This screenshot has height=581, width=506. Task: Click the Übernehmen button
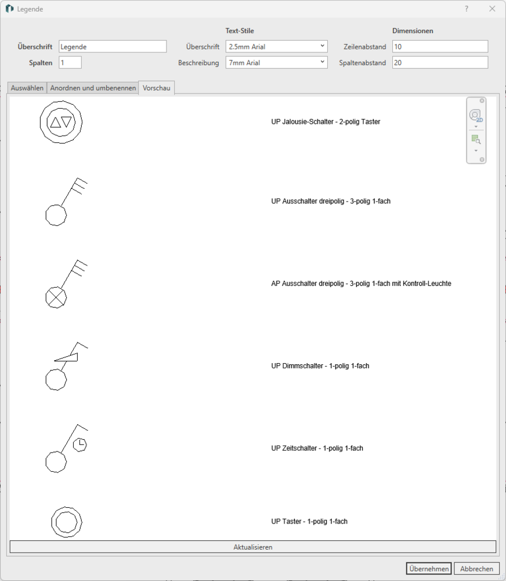point(429,568)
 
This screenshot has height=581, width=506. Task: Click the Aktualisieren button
point(253,547)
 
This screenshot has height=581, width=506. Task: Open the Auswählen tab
point(27,88)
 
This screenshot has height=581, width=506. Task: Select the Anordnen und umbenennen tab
point(93,88)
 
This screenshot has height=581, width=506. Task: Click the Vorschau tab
point(157,88)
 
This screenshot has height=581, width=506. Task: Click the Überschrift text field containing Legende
point(113,46)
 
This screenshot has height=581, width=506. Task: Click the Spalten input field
point(70,63)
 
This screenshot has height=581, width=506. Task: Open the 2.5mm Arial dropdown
point(277,46)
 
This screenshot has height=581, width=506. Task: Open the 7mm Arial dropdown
point(277,63)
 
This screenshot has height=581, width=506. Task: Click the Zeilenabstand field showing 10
point(440,46)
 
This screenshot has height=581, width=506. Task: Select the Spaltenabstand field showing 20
point(440,63)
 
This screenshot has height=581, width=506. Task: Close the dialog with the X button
point(492,9)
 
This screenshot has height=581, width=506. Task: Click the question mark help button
point(467,9)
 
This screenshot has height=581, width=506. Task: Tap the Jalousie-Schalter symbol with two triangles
point(61,122)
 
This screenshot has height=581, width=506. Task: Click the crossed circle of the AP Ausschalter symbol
point(56,297)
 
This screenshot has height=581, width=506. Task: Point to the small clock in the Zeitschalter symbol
point(80,444)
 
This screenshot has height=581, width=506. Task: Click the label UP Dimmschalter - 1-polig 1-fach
point(320,365)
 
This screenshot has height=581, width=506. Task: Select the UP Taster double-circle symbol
point(67,522)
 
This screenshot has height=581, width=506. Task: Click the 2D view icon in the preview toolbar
point(476,115)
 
